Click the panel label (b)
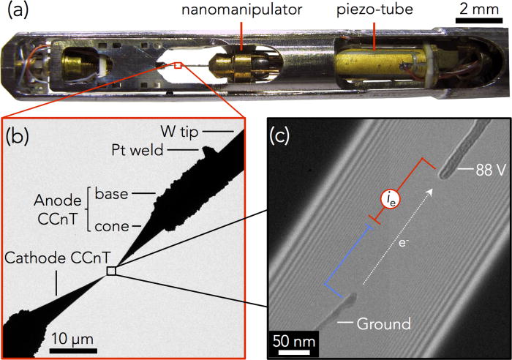(18, 136)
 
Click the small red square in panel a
(177, 67)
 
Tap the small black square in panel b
(110, 271)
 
